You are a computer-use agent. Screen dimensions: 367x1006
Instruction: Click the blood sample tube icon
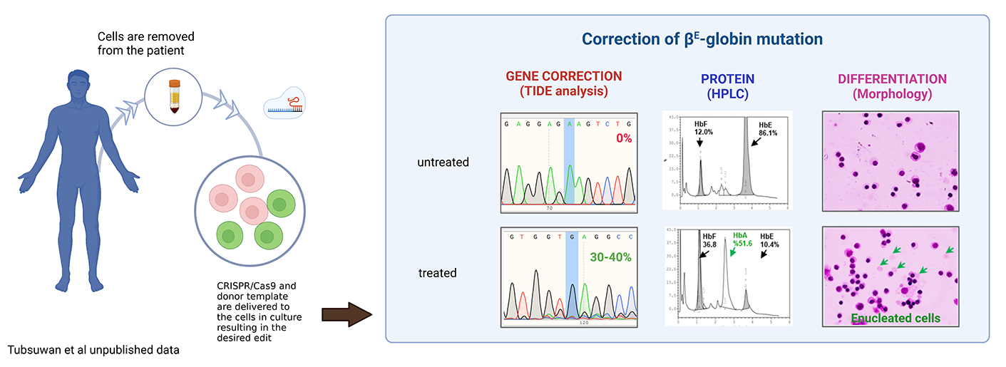tap(175, 96)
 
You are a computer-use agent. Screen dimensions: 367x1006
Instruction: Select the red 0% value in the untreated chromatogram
tap(624, 139)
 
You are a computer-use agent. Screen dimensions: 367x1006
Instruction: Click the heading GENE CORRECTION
tap(563, 76)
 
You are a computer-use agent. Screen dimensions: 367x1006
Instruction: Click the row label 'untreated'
tap(443, 162)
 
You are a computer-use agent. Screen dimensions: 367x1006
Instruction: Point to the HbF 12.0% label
tap(704, 128)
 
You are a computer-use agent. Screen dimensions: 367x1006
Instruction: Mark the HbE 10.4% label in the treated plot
tap(770, 239)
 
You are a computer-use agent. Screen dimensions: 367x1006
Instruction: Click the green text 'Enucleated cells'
tap(895, 318)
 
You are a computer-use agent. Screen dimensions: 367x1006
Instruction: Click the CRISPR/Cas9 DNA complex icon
tap(285, 103)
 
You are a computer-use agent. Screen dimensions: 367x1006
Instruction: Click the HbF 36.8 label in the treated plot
tap(708, 239)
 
